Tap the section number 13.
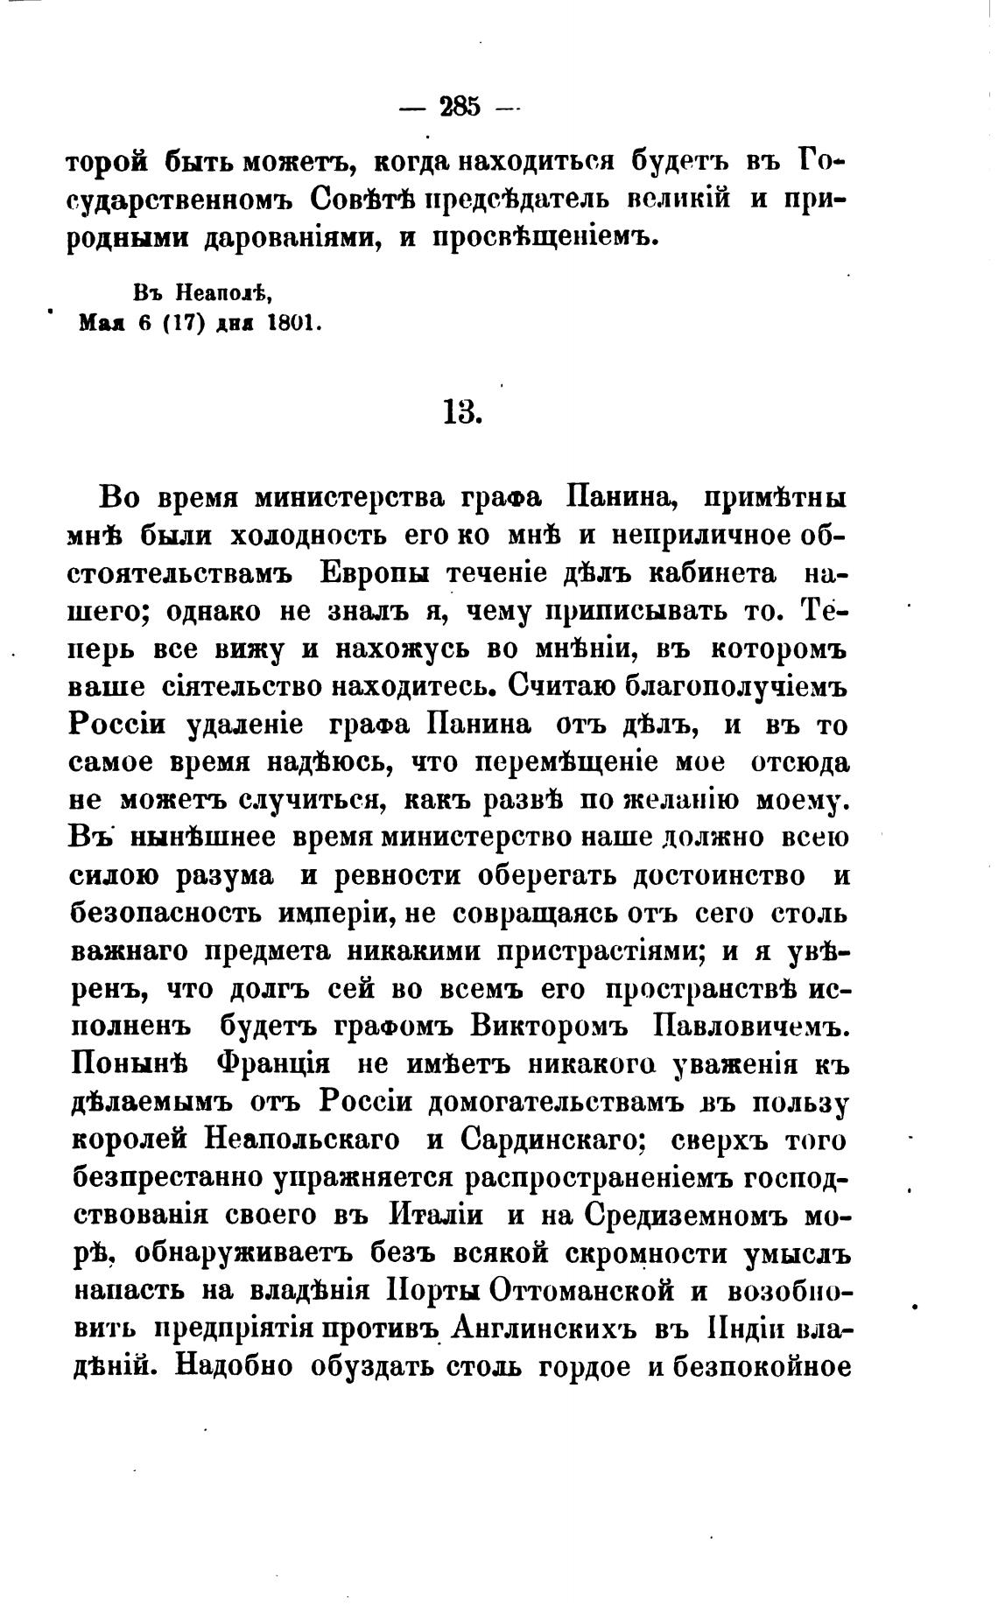click(x=463, y=411)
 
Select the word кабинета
click(x=713, y=573)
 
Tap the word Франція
click(x=271, y=1065)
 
